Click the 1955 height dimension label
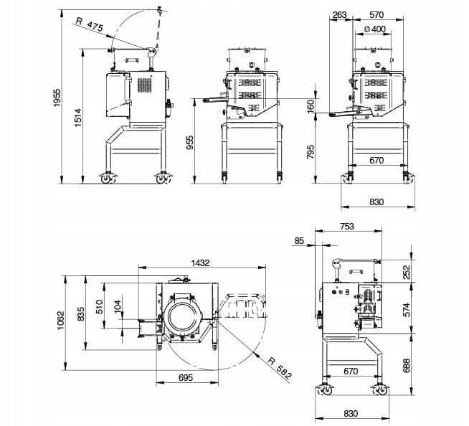57,98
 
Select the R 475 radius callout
90,24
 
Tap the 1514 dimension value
77,118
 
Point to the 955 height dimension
189,143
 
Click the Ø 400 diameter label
375,29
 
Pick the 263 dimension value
339,14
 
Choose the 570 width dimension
376,14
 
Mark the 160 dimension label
311,106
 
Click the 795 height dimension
311,151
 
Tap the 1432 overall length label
200,263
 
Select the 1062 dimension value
61,321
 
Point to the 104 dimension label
118,306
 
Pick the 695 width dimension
186,377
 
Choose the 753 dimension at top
346,227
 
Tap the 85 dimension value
299,240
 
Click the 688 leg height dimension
407,366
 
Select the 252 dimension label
407,273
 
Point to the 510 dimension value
99,306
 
